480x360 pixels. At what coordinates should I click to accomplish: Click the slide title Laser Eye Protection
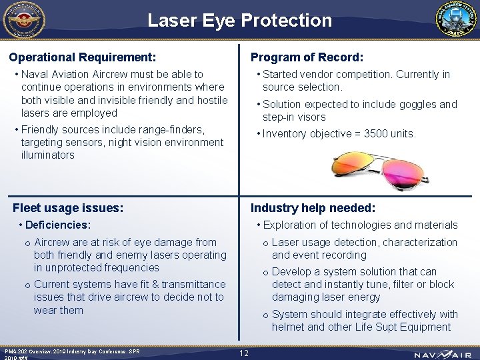click(239, 20)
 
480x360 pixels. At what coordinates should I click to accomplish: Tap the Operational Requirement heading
click(83, 57)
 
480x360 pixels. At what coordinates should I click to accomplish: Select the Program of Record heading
click(307, 57)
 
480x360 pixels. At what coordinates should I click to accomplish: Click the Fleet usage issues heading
click(68, 208)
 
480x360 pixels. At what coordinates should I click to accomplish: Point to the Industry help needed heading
click(313, 208)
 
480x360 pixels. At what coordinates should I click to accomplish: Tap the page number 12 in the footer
click(243, 353)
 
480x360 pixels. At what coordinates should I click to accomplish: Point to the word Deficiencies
click(57, 225)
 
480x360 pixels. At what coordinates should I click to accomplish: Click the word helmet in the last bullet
click(289, 327)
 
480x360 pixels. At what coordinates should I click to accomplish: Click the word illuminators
click(48, 155)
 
